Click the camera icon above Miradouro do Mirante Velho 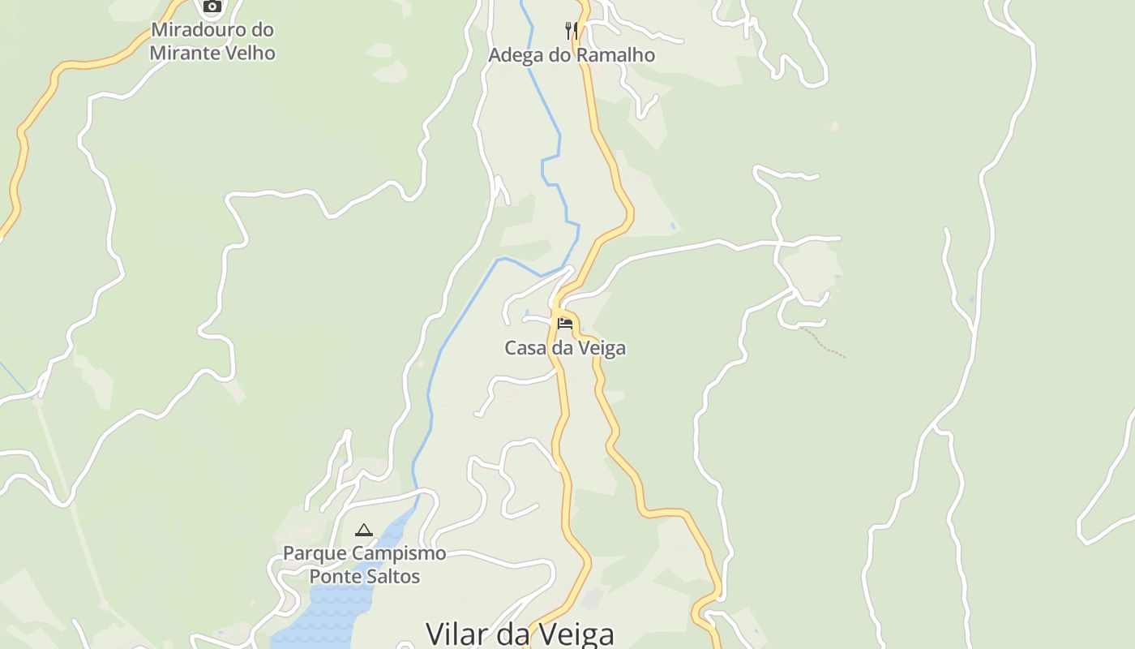pos(212,6)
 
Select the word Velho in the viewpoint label pos(250,54)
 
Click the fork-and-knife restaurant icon pos(572,31)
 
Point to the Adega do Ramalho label pos(572,55)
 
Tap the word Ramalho pos(619,55)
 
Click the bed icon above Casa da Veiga pos(565,324)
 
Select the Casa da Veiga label pos(565,348)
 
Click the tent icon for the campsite pos(364,531)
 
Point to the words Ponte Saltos pos(365,577)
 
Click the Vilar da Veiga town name pos(520,634)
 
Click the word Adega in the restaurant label pos(514,55)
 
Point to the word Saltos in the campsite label pos(393,577)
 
